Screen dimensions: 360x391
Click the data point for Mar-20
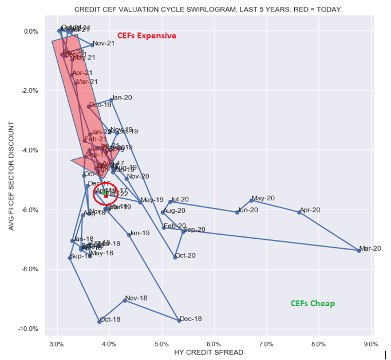coord(359,251)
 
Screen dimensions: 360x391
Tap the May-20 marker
coord(251,200)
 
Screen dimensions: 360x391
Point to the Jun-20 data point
coord(237,212)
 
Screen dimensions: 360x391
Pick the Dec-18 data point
coord(179,321)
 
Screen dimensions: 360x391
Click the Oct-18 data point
coord(100,322)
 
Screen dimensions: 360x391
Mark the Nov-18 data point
coord(125,300)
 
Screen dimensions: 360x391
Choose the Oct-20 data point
coord(175,258)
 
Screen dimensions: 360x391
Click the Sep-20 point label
coord(195,230)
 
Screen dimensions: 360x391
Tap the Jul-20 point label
coord(180,200)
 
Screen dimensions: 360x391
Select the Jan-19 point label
coord(140,233)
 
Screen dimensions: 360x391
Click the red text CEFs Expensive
coord(147,35)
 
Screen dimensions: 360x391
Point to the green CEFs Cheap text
coord(313,303)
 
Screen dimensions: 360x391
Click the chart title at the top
coord(208,10)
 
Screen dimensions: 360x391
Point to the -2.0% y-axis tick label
coord(29,90)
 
